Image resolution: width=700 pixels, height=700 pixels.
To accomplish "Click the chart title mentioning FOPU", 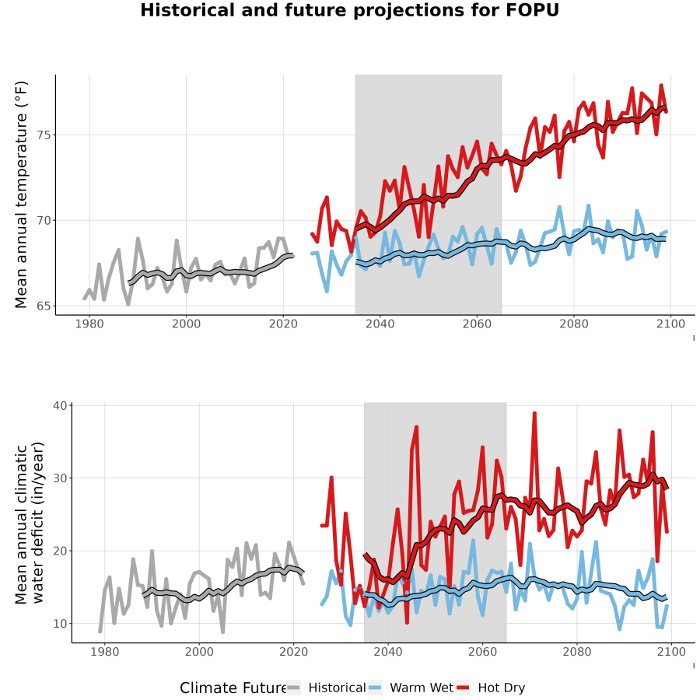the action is [349, 10].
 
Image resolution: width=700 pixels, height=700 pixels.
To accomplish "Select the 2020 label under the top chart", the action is [283, 324].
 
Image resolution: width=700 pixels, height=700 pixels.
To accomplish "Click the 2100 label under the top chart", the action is [670, 324].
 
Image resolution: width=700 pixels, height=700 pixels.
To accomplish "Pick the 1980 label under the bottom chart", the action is [104, 652].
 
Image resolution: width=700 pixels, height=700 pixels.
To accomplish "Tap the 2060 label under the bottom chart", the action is [482, 652].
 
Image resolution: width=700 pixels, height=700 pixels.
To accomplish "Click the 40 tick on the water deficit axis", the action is [60, 406].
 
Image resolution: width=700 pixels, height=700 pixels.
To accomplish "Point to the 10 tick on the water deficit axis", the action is [60, 624].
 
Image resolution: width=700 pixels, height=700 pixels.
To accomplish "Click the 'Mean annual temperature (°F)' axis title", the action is [21, 194].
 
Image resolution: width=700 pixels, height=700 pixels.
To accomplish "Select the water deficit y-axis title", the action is [30, 523].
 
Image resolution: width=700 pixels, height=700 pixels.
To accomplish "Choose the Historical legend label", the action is [337, 688].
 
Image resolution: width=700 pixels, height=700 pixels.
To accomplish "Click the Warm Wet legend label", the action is [422, 688].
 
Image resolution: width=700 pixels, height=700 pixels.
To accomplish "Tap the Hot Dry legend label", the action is [502, 688].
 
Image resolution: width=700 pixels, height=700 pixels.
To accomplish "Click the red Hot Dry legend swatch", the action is [463, 688].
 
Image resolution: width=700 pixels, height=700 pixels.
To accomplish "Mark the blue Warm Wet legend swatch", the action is [375, 688].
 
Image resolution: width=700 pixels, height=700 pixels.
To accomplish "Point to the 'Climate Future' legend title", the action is [233, 688].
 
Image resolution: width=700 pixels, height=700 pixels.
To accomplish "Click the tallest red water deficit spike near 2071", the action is [534, 414].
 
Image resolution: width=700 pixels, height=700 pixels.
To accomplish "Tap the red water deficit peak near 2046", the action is [417, 427].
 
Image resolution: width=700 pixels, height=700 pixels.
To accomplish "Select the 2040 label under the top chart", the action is [380, 324].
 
